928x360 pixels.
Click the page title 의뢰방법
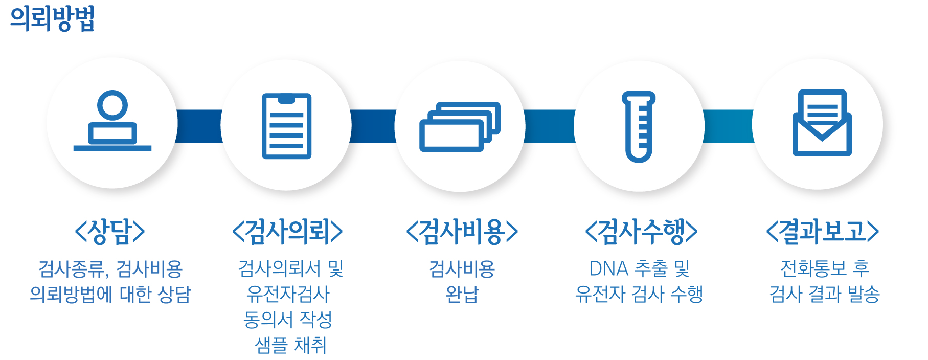[x=53, y=19]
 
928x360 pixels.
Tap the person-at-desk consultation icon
[x=112, y=121]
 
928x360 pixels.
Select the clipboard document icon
[x=286, y=126]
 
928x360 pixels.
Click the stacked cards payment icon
[x=460, y=127]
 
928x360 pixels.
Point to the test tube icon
[x=639, y=127]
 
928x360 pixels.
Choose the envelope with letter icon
[x=822, y=123]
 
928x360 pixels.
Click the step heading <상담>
[x=110, y=232]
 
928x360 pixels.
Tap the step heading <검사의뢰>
[x=287, y=232]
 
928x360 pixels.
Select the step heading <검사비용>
[x=462, y=232]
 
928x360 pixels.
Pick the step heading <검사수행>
[x=641, y=232]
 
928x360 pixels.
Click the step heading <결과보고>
[x=822, y=232]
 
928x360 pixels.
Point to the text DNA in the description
[x=608, y=268]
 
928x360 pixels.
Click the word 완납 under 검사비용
[x=462, y=294]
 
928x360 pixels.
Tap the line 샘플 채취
[x=290, y=345]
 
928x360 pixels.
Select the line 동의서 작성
[x=288, y=320]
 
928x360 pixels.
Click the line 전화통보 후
[x=825, y=268]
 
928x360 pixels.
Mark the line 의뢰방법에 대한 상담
[x=110, y=294]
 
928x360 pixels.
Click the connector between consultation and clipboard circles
[x=199, y=126]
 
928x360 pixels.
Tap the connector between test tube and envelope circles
[x=729, y=126]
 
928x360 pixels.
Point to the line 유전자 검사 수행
[x=639, y=294]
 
